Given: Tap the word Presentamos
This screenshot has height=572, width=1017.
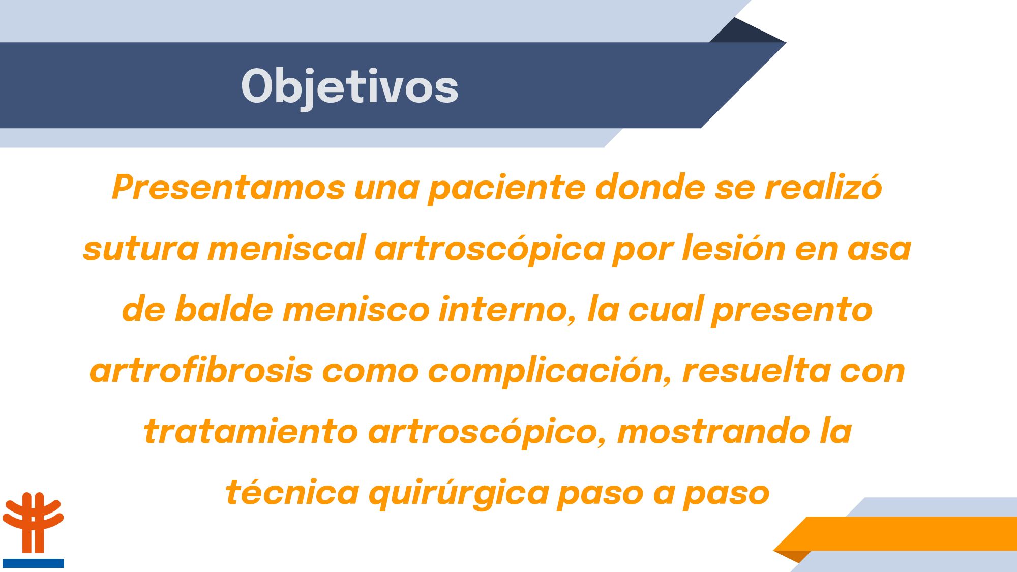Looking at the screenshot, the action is coord(229,187).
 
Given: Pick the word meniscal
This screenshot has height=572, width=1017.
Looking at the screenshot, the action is coord(287,248).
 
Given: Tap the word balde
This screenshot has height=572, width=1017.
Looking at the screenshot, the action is coord(224,309).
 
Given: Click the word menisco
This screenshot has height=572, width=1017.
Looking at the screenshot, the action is coord(356,309).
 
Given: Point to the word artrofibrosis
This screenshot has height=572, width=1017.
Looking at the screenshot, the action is coord(201,370).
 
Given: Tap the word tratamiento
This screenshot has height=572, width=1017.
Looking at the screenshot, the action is coord(252,431).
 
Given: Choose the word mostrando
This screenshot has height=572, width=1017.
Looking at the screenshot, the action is coord(714,431).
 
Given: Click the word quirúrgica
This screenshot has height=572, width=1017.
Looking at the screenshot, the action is coord(459,492).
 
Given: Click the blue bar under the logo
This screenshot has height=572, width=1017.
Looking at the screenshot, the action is coord(33,563).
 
